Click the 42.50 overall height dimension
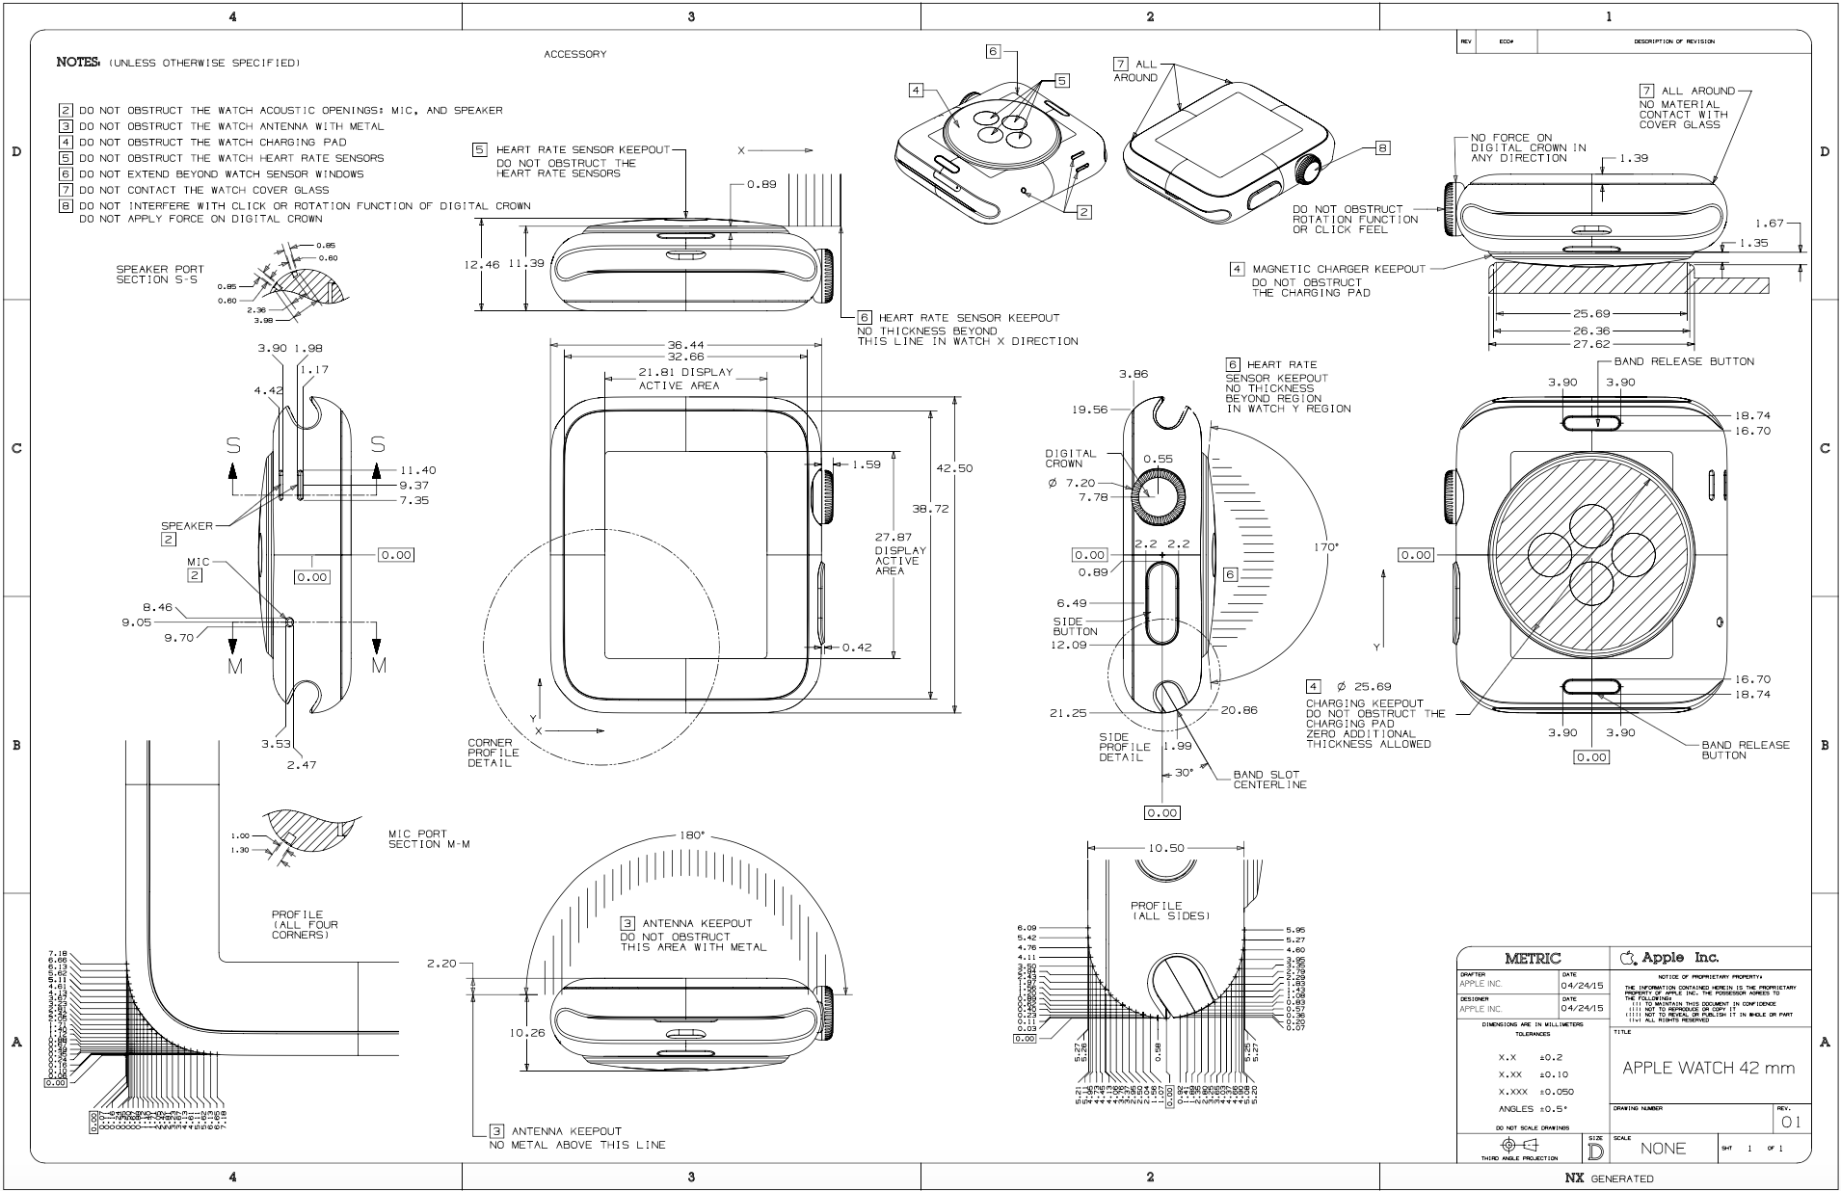(954, 468)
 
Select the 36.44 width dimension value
(685, 344)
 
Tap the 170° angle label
(1326, 547)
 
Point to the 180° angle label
(691, 835)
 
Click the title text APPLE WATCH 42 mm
(1708, 1068)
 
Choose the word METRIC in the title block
(1533, 958)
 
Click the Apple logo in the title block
(1628, 958)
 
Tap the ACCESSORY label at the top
(575, 54)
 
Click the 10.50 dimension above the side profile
(1165, 848)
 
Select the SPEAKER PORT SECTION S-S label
(160, 275)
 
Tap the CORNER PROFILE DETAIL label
(493, 753)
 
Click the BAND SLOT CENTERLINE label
(1269, 780)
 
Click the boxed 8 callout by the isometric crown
(1383, 148)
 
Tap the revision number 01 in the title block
(1790, 1122)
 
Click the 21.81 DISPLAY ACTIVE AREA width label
(685, 379)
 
